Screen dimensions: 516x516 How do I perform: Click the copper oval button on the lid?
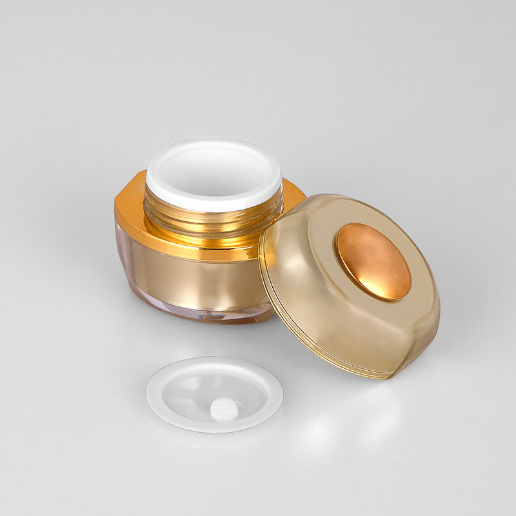(x=372, y=262)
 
